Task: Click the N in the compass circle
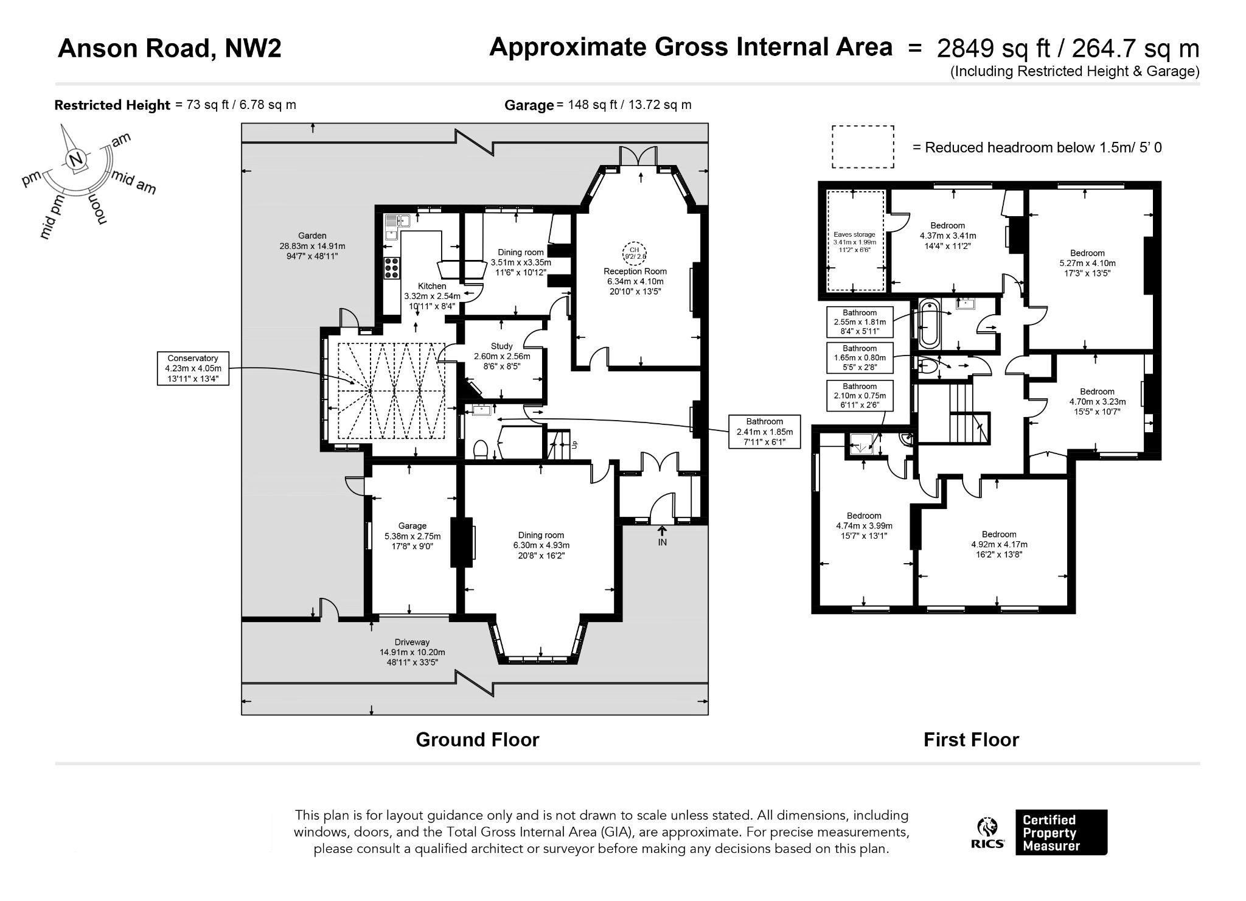[76, 160]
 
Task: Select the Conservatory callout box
[193, 368]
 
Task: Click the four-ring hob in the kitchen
[392, 268]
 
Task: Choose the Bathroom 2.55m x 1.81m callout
[860, 322]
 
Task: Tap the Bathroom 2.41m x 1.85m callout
[765, 432]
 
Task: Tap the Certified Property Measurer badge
[1061, 832]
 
